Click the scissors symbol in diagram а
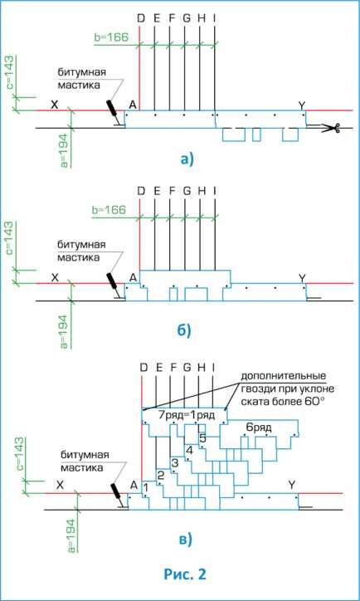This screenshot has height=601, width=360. pos(336,128)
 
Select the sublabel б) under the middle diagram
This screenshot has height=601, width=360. pos(183,330)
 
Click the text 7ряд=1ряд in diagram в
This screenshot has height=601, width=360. pos(187,415)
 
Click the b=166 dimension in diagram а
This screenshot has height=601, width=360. pos(110,37)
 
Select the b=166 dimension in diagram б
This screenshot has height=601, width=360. pos(110,210)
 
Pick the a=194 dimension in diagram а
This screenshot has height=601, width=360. pos(65,150)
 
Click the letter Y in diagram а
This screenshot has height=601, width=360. pos(303,105)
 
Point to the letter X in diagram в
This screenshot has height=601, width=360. pos(60,486)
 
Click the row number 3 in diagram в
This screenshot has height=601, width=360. pos(175,462)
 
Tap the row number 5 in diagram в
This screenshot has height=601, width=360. pos(203,438)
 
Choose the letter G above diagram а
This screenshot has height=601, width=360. pos(187,18)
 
